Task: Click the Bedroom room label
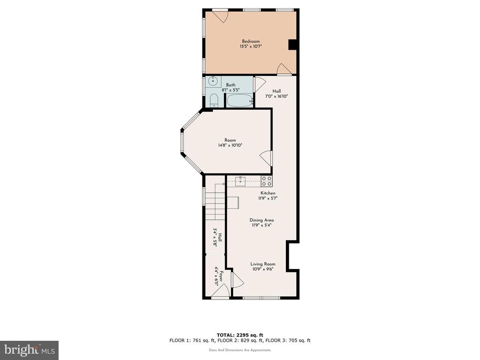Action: click(251, 41)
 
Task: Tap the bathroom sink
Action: click(213, 82)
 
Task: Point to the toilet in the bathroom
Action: click(214, 101)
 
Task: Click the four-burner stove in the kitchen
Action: click(266, 181)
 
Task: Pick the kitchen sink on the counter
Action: click(240, 181)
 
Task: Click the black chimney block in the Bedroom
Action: click(292, 45)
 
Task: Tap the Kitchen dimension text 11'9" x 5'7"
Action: click(268, 198)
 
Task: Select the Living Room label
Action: click(262, 264)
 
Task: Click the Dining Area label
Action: click(262, 220)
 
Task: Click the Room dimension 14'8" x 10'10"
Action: click(230, 145)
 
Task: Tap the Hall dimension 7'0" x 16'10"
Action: click(277, 96)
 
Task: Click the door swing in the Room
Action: click(266, 158)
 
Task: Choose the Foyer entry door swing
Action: click(220, 290)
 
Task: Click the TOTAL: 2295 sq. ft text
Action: click(240, 335)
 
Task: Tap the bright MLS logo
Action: click(29, 350)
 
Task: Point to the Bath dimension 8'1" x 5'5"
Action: click(231, 90)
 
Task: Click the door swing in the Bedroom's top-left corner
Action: click(220, 17)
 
